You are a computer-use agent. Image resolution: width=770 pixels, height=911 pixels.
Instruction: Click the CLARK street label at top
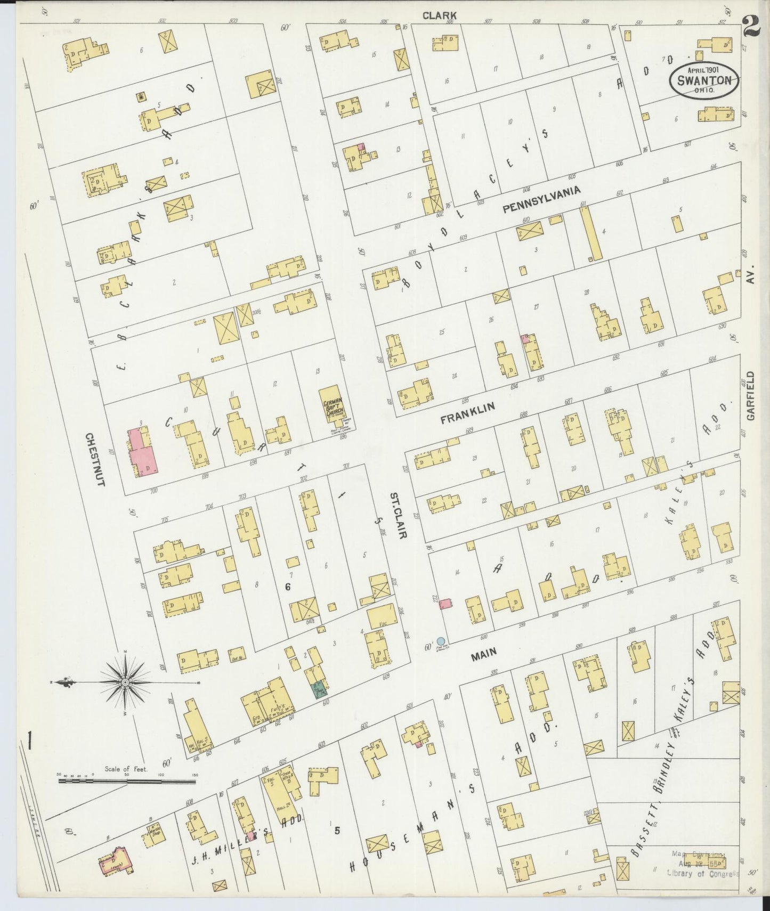(x=440, y=15)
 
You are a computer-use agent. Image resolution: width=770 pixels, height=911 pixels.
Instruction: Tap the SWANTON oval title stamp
(x=704, y=81)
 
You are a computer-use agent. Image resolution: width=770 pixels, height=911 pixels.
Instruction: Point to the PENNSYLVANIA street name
(x=541, y=200)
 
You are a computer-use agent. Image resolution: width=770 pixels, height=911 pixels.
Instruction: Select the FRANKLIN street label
(x=467, y=413)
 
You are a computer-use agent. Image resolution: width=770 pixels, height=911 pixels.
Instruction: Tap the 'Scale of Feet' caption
(x=126, y=768)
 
